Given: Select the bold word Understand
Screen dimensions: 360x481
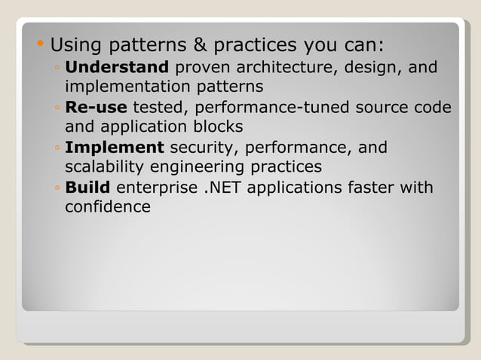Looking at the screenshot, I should pyautogui.click(x=117, y=68).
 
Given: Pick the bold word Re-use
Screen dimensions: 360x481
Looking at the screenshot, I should pyautogui.click(x=96, y=108).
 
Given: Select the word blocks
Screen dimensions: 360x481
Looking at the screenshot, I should pyautogui.click(x=211, y=127).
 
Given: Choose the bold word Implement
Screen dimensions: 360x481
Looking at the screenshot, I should pyautogui.click(x=114, y=148).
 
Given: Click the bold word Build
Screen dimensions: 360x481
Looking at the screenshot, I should pyautogui.click(x=87, y=187).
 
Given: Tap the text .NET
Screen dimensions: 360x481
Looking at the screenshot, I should pyautogui.click(x=223, y=187).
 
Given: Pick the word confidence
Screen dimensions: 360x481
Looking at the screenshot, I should pyautogui.click(x=108, y=206).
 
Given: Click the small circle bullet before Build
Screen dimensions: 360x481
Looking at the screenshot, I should pyautogui.click(x=57, y=188).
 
